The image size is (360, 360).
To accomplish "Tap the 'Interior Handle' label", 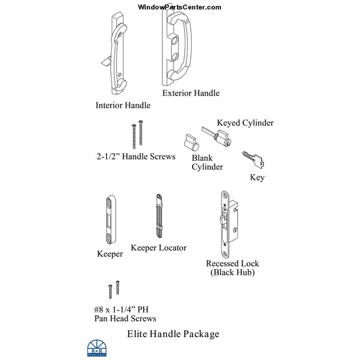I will point(123,105).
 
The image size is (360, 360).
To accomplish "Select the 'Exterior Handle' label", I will point(190,93).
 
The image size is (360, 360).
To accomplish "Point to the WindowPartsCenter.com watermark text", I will point(180,7).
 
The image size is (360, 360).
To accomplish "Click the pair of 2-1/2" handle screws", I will point(137,135).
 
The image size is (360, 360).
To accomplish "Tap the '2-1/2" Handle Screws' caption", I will point(136,157).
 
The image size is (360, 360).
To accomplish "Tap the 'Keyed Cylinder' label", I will point(245,123).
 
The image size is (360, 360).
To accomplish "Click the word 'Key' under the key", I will point(257,177).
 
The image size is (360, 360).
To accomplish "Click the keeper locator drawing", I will point(159,217).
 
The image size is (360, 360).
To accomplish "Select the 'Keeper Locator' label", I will point(159,247).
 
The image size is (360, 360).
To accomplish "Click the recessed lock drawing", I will point(227,223).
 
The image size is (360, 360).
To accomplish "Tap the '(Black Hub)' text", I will point(232,272).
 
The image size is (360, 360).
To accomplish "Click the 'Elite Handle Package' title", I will point(173,334).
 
